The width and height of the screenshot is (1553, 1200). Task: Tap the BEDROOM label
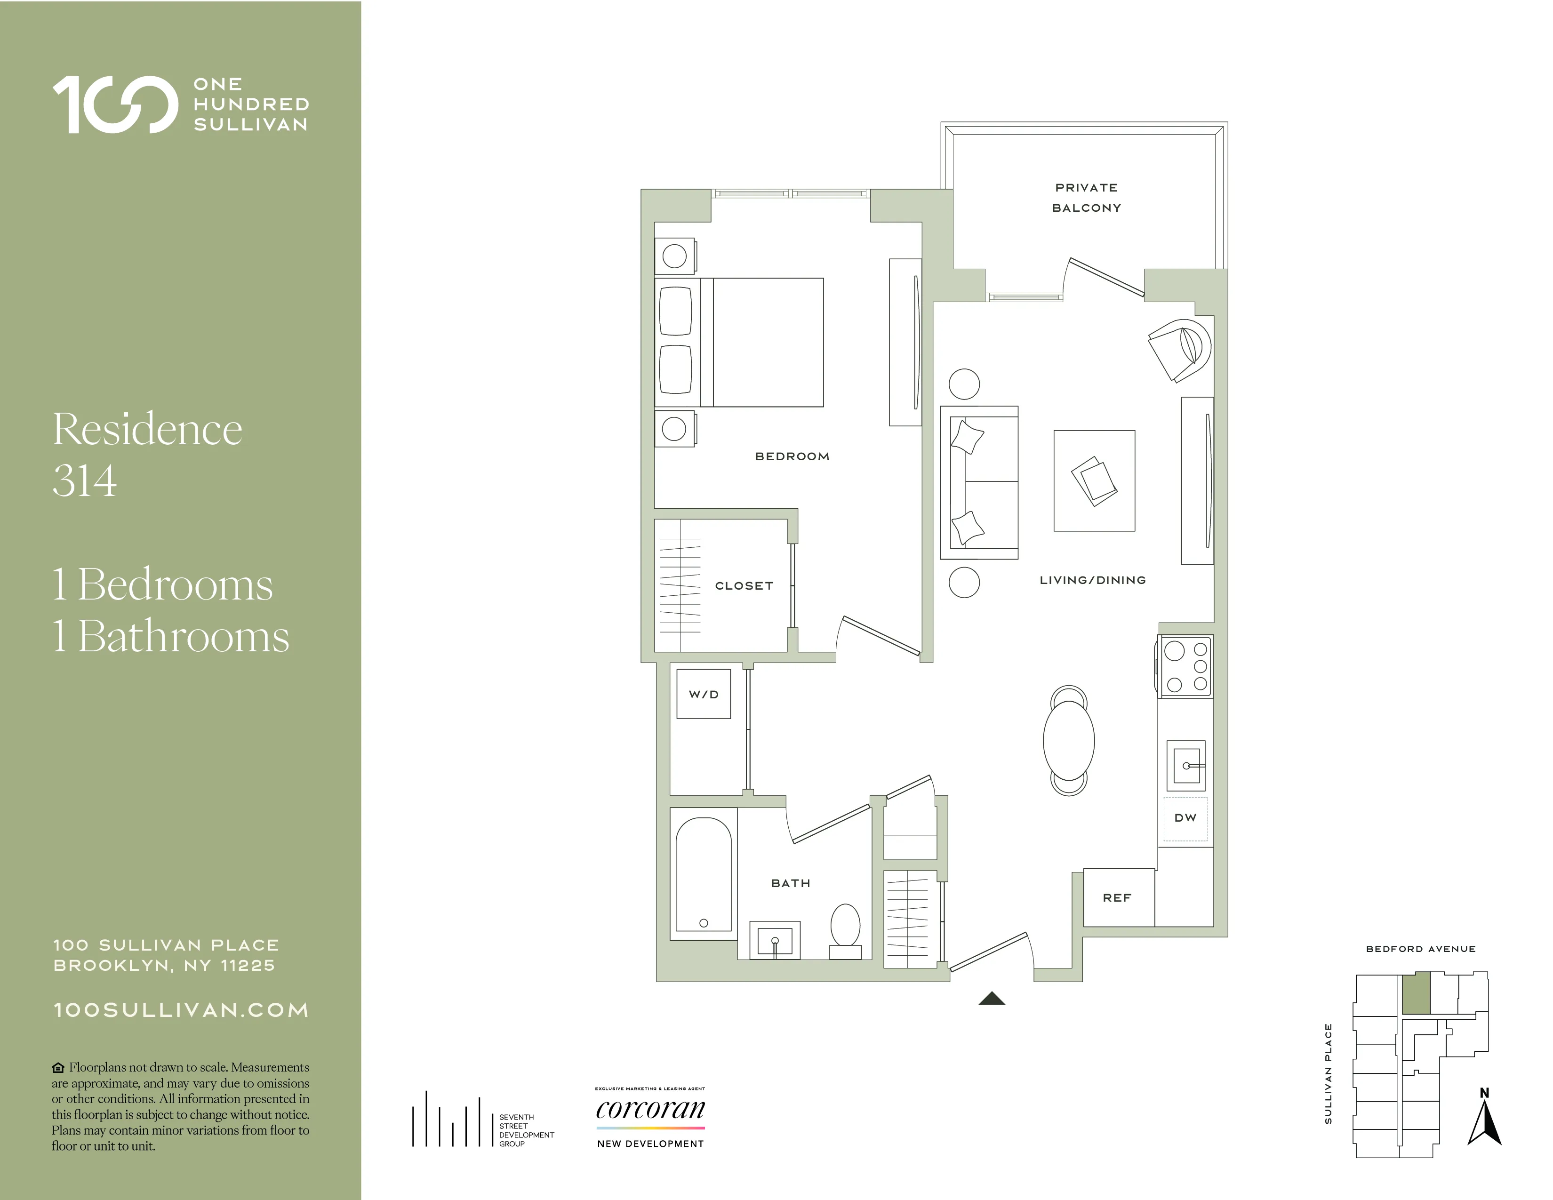pos(792,456)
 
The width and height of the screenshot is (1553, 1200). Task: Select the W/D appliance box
pos(703,694)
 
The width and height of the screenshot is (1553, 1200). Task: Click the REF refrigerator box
pos(1118,898)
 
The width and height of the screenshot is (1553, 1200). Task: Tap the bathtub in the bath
pos(703,874)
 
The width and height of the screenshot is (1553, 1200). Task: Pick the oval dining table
pos(1068,741)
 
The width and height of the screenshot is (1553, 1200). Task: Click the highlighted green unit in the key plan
pos(1415,993)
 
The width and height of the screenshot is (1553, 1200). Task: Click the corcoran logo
pos(650,1110)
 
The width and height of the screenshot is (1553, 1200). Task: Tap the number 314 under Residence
pos(85,481)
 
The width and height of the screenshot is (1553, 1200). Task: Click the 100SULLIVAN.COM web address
pos(181,1010)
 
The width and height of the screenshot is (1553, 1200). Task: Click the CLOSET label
pos(744,586)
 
